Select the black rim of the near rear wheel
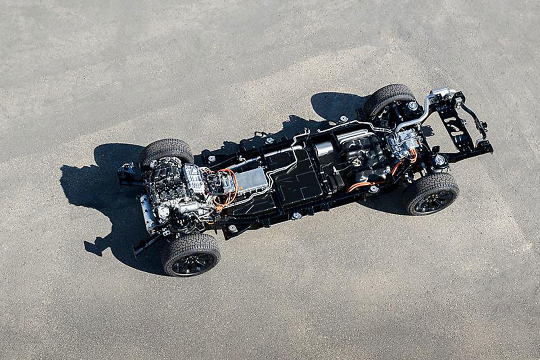434,200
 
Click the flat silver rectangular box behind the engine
251,180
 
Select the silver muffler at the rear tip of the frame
443,93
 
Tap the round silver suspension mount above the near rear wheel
439,160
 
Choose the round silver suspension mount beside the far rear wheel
412,106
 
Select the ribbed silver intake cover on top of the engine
194,178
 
